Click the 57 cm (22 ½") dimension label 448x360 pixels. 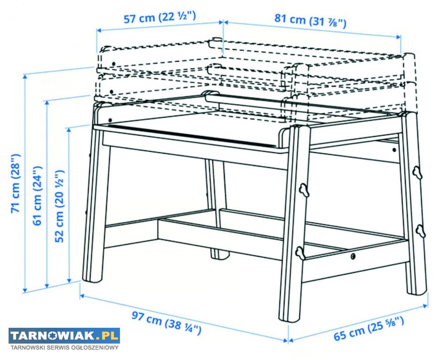click(x=160, y=17)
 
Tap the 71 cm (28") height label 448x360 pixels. click(x=16, y=183)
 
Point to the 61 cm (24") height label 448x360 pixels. click(x=37, y=196)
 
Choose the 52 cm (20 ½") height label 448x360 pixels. click(x=59, y=206)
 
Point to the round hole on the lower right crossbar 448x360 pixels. click(x=353, y=256)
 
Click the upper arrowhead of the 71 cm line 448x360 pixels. click(x=25, y=77)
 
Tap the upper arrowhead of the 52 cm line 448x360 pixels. click(x=69, y=130)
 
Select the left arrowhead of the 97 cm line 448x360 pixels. click(x=82, y=296)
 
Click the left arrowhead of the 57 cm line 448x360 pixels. click(x=99, y=30)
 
